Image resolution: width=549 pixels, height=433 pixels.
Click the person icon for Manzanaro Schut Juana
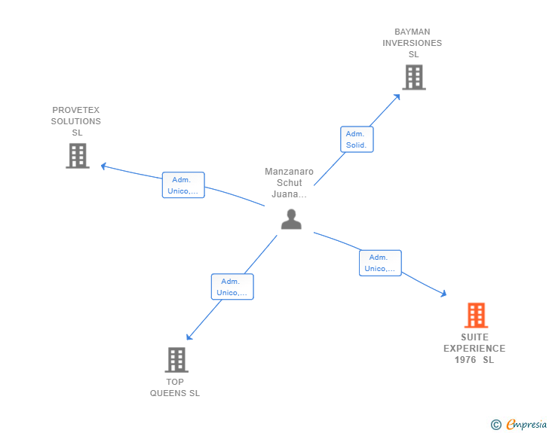coord(291,219)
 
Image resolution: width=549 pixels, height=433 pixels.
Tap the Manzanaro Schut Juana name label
coord(289,183)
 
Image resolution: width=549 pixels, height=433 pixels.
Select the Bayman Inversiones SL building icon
coord(413,77)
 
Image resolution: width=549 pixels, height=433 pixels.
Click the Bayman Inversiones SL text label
coord(413,43)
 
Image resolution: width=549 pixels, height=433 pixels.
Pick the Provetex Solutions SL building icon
coord(78,156)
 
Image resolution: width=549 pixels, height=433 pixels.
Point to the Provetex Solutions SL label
coord(76,121)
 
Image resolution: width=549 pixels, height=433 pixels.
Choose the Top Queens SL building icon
coord(176,360)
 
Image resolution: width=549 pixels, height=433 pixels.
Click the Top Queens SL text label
coord(175,387)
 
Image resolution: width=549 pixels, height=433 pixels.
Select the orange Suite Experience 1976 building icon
coord(475,315)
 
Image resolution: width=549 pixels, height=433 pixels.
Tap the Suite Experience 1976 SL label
coord(474,349)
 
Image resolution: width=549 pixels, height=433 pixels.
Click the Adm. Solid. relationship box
coord(356,139)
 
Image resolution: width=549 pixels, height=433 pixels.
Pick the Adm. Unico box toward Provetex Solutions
coord(183,185)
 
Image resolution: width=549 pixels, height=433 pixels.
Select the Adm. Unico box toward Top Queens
coord(232,287)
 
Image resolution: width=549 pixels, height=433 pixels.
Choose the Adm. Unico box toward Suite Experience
coord(380,263)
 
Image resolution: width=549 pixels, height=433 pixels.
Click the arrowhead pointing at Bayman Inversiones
coord(397,96)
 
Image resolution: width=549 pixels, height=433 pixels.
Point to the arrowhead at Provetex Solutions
coord(103,166)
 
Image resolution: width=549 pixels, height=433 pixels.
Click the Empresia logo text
coord(526,425)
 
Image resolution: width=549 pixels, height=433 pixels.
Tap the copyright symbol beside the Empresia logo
coord(495,425)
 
